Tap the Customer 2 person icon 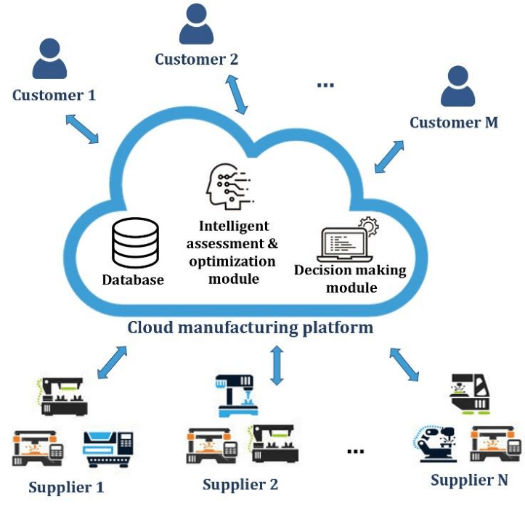pyautogui.click(x=196, y=25)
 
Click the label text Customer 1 pyautogui.click(x=54, y=94)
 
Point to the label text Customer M pyautogui.click(x=454, y=122)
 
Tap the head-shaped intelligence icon pyautogui.click(x=227, y=185)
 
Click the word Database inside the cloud pyautogui.click(x=133, y=279)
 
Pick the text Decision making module pyautogui.click(x=349, y=278)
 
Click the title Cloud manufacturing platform pyautogui.click(x=251, y=327)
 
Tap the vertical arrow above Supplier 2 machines pyautogui.click(x=276, y=366)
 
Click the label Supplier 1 pyautogui.click(x=66, y=487)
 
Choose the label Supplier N pyautogui.click(x=469, y=480)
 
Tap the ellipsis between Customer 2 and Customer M pyautogui.click(x=325, y=86)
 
